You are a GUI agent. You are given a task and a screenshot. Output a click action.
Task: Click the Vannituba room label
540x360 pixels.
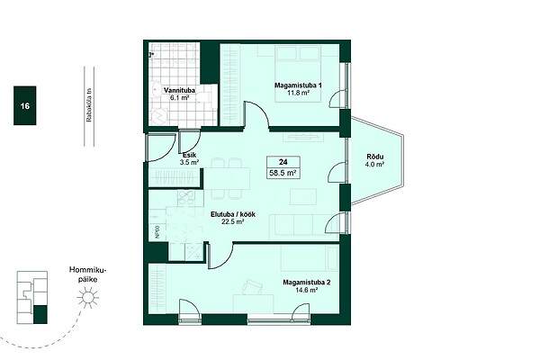(179, 90)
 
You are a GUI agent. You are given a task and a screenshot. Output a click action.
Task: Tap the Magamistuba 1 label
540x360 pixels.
(298, 85)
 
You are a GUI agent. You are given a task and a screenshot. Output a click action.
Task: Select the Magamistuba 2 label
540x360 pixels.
(307, 283)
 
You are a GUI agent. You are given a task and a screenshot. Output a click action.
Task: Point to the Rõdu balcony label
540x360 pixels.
(374, 157)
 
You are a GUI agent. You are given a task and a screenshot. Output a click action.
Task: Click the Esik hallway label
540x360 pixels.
(189, 155)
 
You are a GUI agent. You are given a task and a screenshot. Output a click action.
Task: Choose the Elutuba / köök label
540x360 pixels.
(233, 214)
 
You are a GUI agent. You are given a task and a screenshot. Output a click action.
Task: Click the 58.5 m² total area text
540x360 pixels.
(283, 173)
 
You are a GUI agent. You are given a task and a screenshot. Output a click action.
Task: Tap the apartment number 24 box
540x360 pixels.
(283, 162)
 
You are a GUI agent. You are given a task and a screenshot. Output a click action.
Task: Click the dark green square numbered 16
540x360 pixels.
(25, 105)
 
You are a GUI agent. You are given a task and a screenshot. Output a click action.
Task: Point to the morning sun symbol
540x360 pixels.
(88, 298)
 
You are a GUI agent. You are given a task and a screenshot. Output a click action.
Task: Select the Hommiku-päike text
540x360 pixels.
(88, 274)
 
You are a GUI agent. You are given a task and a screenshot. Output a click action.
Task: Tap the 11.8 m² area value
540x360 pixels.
(298, 93)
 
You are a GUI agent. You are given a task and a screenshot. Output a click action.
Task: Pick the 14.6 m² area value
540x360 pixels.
(307, 290)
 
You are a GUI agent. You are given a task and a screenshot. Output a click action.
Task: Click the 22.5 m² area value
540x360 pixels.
(233, 222)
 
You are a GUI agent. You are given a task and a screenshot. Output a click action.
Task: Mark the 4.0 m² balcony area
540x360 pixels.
(374, 165)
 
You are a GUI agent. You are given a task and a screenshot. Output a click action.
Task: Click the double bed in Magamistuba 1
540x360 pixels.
(298, 74)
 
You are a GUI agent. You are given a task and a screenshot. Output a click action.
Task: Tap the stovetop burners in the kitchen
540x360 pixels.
(186, 198)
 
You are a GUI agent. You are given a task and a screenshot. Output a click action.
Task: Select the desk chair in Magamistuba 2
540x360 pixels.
(252, 287)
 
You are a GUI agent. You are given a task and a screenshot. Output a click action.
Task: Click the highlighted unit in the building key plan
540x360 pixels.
(40, 314)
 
